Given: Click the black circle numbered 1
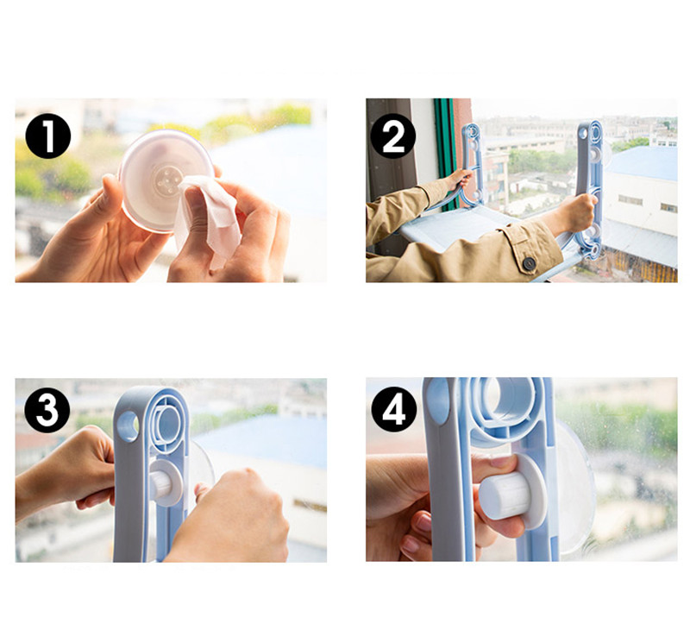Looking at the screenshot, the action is tap(48, 136).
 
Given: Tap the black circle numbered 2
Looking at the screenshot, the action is tap(393, 136).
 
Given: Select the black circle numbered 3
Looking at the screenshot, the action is tap(47, 410).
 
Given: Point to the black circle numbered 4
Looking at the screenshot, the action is tap(394, 410).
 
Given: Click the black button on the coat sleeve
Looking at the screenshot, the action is tap(529, 263).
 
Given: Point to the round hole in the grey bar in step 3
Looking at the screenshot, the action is tap(128, 426).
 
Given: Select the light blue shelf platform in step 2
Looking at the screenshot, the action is tap(458, 227).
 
